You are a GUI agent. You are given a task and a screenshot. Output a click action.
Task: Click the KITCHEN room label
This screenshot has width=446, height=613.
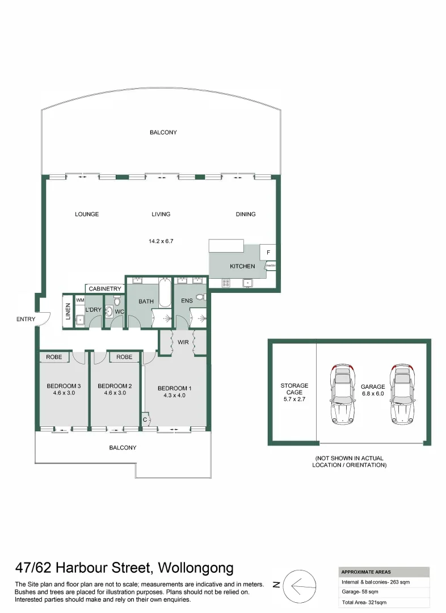242,266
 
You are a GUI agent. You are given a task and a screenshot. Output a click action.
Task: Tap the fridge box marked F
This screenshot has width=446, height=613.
268,252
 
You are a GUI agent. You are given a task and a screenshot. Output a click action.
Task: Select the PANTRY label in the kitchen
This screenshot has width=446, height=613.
271,265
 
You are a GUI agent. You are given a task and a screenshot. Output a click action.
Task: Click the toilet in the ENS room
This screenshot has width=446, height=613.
200,297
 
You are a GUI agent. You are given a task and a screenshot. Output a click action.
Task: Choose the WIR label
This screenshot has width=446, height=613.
183,343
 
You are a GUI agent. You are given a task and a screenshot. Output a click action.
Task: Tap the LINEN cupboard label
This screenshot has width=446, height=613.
68,312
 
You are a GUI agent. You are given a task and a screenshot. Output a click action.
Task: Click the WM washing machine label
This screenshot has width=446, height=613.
80,299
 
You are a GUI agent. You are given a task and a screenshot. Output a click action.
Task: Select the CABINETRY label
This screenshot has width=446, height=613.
105,289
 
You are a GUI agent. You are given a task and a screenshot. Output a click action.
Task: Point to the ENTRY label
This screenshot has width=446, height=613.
26,319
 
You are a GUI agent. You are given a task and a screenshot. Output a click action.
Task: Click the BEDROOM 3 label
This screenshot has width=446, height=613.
64,387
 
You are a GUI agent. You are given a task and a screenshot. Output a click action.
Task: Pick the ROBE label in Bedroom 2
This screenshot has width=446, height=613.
124,357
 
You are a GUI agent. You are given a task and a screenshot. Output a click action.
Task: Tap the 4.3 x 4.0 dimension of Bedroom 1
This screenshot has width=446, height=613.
174,395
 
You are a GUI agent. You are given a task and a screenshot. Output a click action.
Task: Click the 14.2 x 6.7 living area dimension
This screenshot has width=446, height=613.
161,241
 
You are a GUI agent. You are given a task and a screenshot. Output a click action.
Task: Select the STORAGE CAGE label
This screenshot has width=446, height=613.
294,389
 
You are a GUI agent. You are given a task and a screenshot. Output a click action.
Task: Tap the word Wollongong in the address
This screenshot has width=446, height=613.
196,568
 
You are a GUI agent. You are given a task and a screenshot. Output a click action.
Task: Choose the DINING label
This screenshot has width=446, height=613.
246,214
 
